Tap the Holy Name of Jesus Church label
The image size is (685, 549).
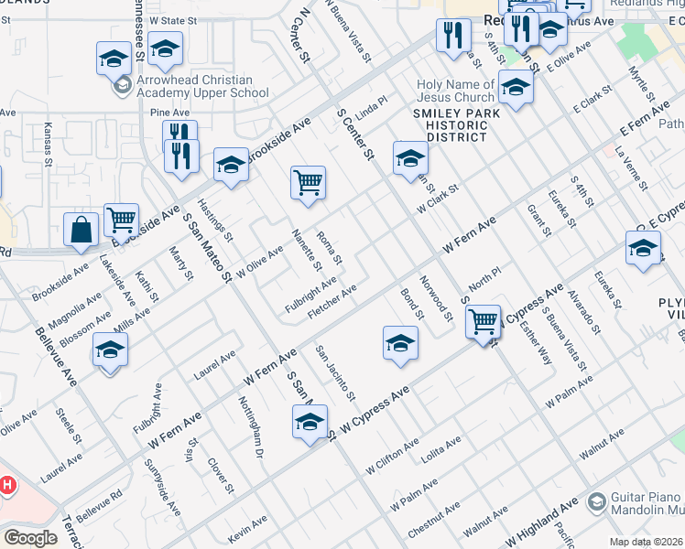(x=455, y=91)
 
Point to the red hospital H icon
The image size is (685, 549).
(x=7, y=485)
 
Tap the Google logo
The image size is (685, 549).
(x=30, y=537)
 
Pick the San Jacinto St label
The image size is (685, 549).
(x=335, y=372)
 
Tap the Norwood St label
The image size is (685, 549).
(x=436, y=297)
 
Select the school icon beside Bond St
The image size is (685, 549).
(x=400, y=343)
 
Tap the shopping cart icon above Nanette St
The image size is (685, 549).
(x=309, y=181)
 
